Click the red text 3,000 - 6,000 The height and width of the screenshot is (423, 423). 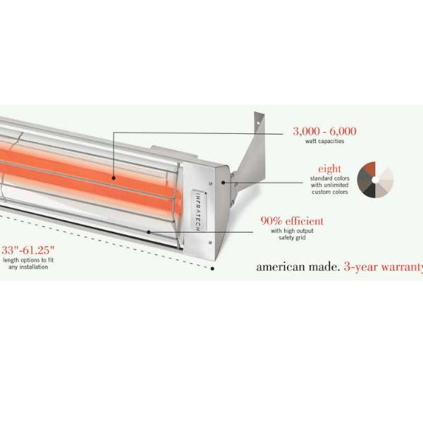click(324, 131)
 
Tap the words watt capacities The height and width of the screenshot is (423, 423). click(324, 141)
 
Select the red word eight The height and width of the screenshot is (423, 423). click(329, 169)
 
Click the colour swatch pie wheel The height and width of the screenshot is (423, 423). click(375, 180)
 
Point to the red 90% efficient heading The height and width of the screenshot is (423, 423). click(292, 221)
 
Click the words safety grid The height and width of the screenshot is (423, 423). click(292, 238)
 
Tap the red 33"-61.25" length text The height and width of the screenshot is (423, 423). click(27, 250)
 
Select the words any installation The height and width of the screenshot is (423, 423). click(28, 266)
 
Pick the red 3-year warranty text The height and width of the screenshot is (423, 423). click(383, 267)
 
